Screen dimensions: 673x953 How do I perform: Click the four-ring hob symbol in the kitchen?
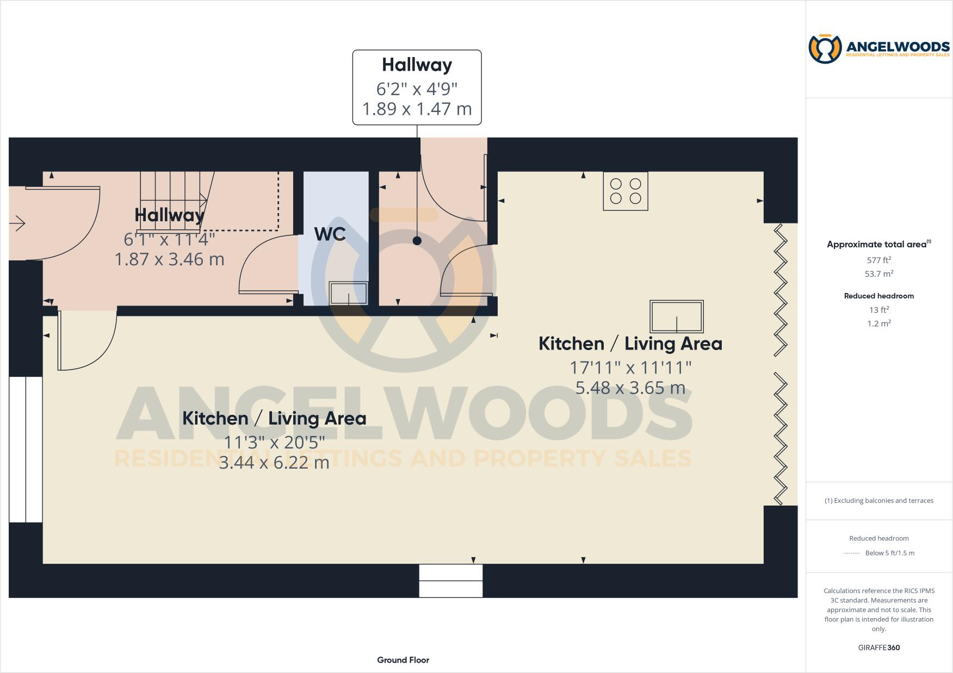click(626, 191)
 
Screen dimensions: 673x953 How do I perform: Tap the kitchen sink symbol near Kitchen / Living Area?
click(677, 316)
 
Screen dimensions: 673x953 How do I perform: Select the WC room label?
click(330, 234)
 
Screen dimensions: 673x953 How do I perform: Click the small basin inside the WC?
click(349, 294)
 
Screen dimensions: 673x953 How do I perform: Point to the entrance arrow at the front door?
click(17, 223)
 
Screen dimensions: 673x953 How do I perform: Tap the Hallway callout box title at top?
click(417, 65)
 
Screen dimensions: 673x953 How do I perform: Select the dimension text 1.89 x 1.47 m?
click(417, 109)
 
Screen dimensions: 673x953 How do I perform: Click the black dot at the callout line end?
click(417, 241)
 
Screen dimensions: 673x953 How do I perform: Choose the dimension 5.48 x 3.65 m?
click(630, 388)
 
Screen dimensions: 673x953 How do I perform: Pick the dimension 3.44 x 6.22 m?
click(274, 462)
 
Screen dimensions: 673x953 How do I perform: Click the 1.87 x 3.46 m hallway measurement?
click(169, 259)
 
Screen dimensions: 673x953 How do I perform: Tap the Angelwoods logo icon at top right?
click(825, 49)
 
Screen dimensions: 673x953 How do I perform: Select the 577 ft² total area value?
click(878, 260)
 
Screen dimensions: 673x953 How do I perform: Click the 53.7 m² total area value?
click(878, 273)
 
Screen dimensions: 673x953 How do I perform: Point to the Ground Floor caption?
click(403, 660)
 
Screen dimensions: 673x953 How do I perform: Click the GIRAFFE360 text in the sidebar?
click(878, 647)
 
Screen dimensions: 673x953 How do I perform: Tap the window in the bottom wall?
click(450, 581)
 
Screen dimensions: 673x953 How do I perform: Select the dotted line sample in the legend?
click(851, 553)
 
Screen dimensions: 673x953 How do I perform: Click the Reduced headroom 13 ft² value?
click(878, 309)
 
